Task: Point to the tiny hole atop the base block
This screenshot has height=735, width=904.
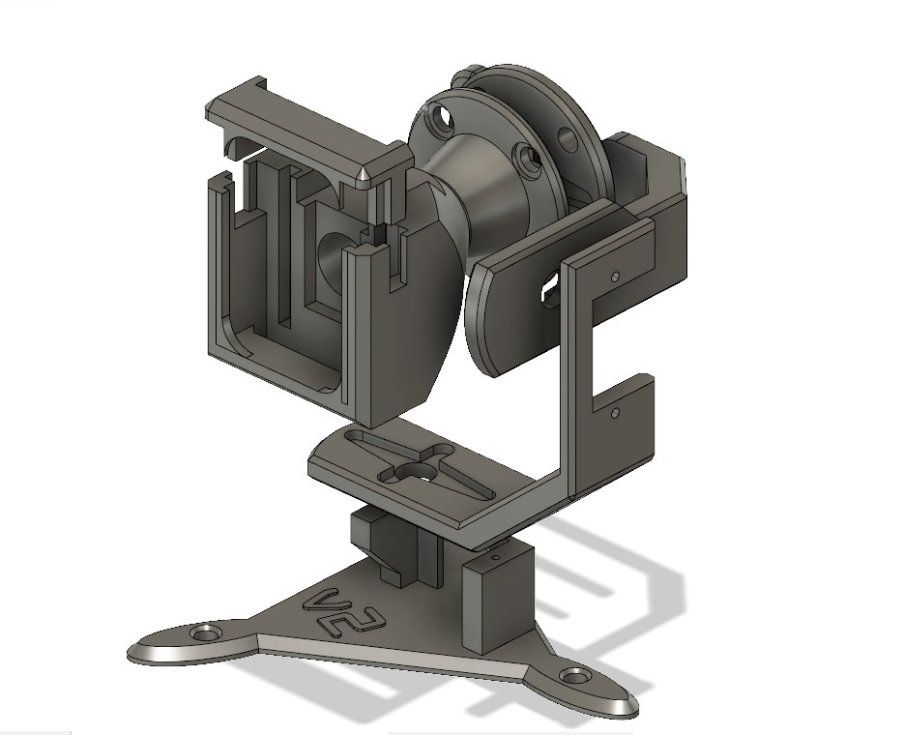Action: pos(495,558)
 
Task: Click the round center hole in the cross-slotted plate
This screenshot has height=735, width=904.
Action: pos(420,470)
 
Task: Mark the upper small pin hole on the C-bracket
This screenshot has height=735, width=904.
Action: pos(616,275)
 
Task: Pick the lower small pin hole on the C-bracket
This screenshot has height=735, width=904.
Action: pos(616,412)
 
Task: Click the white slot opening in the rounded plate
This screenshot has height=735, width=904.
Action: pos(551,282)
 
